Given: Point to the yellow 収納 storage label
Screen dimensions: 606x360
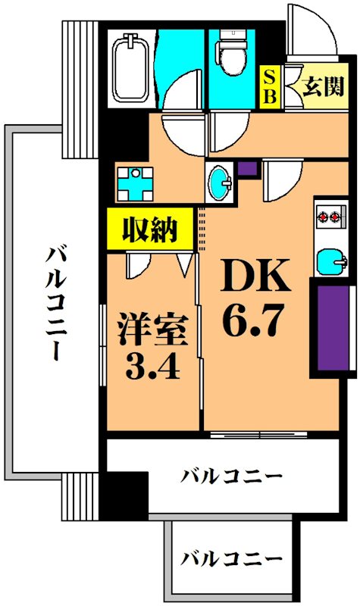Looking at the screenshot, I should pos(151,229).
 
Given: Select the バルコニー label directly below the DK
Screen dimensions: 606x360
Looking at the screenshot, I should pos(231,477).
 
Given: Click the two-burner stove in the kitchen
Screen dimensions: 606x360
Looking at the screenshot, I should pos(330,218).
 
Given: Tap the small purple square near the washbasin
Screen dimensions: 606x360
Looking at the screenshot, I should pos(247,169).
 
